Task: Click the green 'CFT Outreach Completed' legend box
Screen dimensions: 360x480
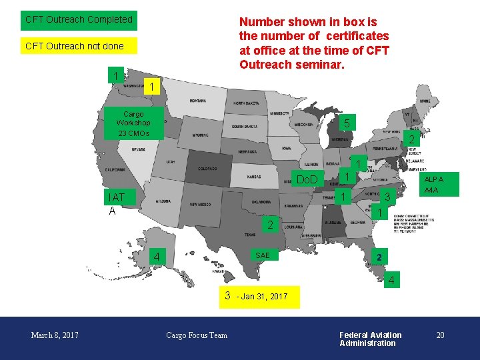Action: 78,20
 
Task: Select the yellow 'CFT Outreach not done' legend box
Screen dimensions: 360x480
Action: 78,46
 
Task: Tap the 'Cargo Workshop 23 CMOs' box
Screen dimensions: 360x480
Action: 133,123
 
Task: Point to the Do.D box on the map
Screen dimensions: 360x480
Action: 307,180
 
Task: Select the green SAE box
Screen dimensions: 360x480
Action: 263,256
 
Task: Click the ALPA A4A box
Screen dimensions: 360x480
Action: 433,185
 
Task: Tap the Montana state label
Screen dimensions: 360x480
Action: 197,101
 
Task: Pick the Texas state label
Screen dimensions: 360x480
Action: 249,235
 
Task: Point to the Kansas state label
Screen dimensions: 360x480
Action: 254,177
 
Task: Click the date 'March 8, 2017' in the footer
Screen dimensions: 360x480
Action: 55,335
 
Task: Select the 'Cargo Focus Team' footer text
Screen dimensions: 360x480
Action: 197,335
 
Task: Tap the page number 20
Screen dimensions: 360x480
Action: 440,335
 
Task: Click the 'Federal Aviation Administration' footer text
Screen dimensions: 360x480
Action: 370,339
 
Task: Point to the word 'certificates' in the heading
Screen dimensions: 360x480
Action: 354,35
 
